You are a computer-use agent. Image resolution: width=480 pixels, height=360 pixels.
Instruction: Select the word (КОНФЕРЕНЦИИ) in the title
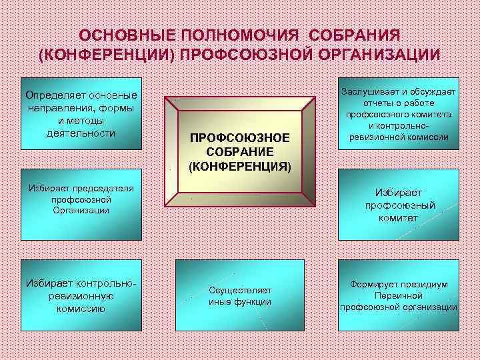[107, 55]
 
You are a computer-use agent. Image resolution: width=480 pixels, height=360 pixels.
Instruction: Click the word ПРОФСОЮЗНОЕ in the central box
[240, 137]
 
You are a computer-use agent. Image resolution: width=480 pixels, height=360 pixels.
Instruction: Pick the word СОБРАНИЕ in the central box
[240, 151]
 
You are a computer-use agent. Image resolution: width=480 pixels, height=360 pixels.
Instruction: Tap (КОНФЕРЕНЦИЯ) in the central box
[240, 165]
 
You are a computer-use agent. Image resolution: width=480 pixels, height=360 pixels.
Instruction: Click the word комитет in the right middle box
[400, 218]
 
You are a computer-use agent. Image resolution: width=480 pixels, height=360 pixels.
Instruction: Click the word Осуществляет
[239, 290]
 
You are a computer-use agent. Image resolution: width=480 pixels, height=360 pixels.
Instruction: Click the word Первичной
[399, 295]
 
